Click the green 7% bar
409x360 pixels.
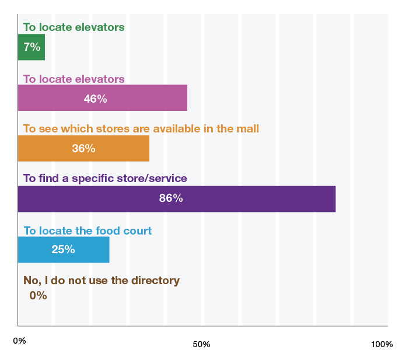pos(32,48)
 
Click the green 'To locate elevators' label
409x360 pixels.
pos(74,27)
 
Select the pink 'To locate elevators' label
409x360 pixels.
pos(74,79)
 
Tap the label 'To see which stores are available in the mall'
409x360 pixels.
pos(141,128)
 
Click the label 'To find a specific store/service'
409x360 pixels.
pos(104,179)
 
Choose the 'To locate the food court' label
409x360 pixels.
pos(87,230)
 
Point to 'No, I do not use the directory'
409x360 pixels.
pos(102,281)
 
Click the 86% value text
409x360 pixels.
pos(171,198)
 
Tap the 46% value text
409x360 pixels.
pos(95,99)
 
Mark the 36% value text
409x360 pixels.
pos(83,148)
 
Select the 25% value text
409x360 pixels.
pos(63,249)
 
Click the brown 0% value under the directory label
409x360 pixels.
pos(37,295)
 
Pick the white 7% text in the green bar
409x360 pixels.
pos(32,47)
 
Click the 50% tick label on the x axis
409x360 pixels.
pos(201,344)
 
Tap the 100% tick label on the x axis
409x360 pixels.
pos(382,344)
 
